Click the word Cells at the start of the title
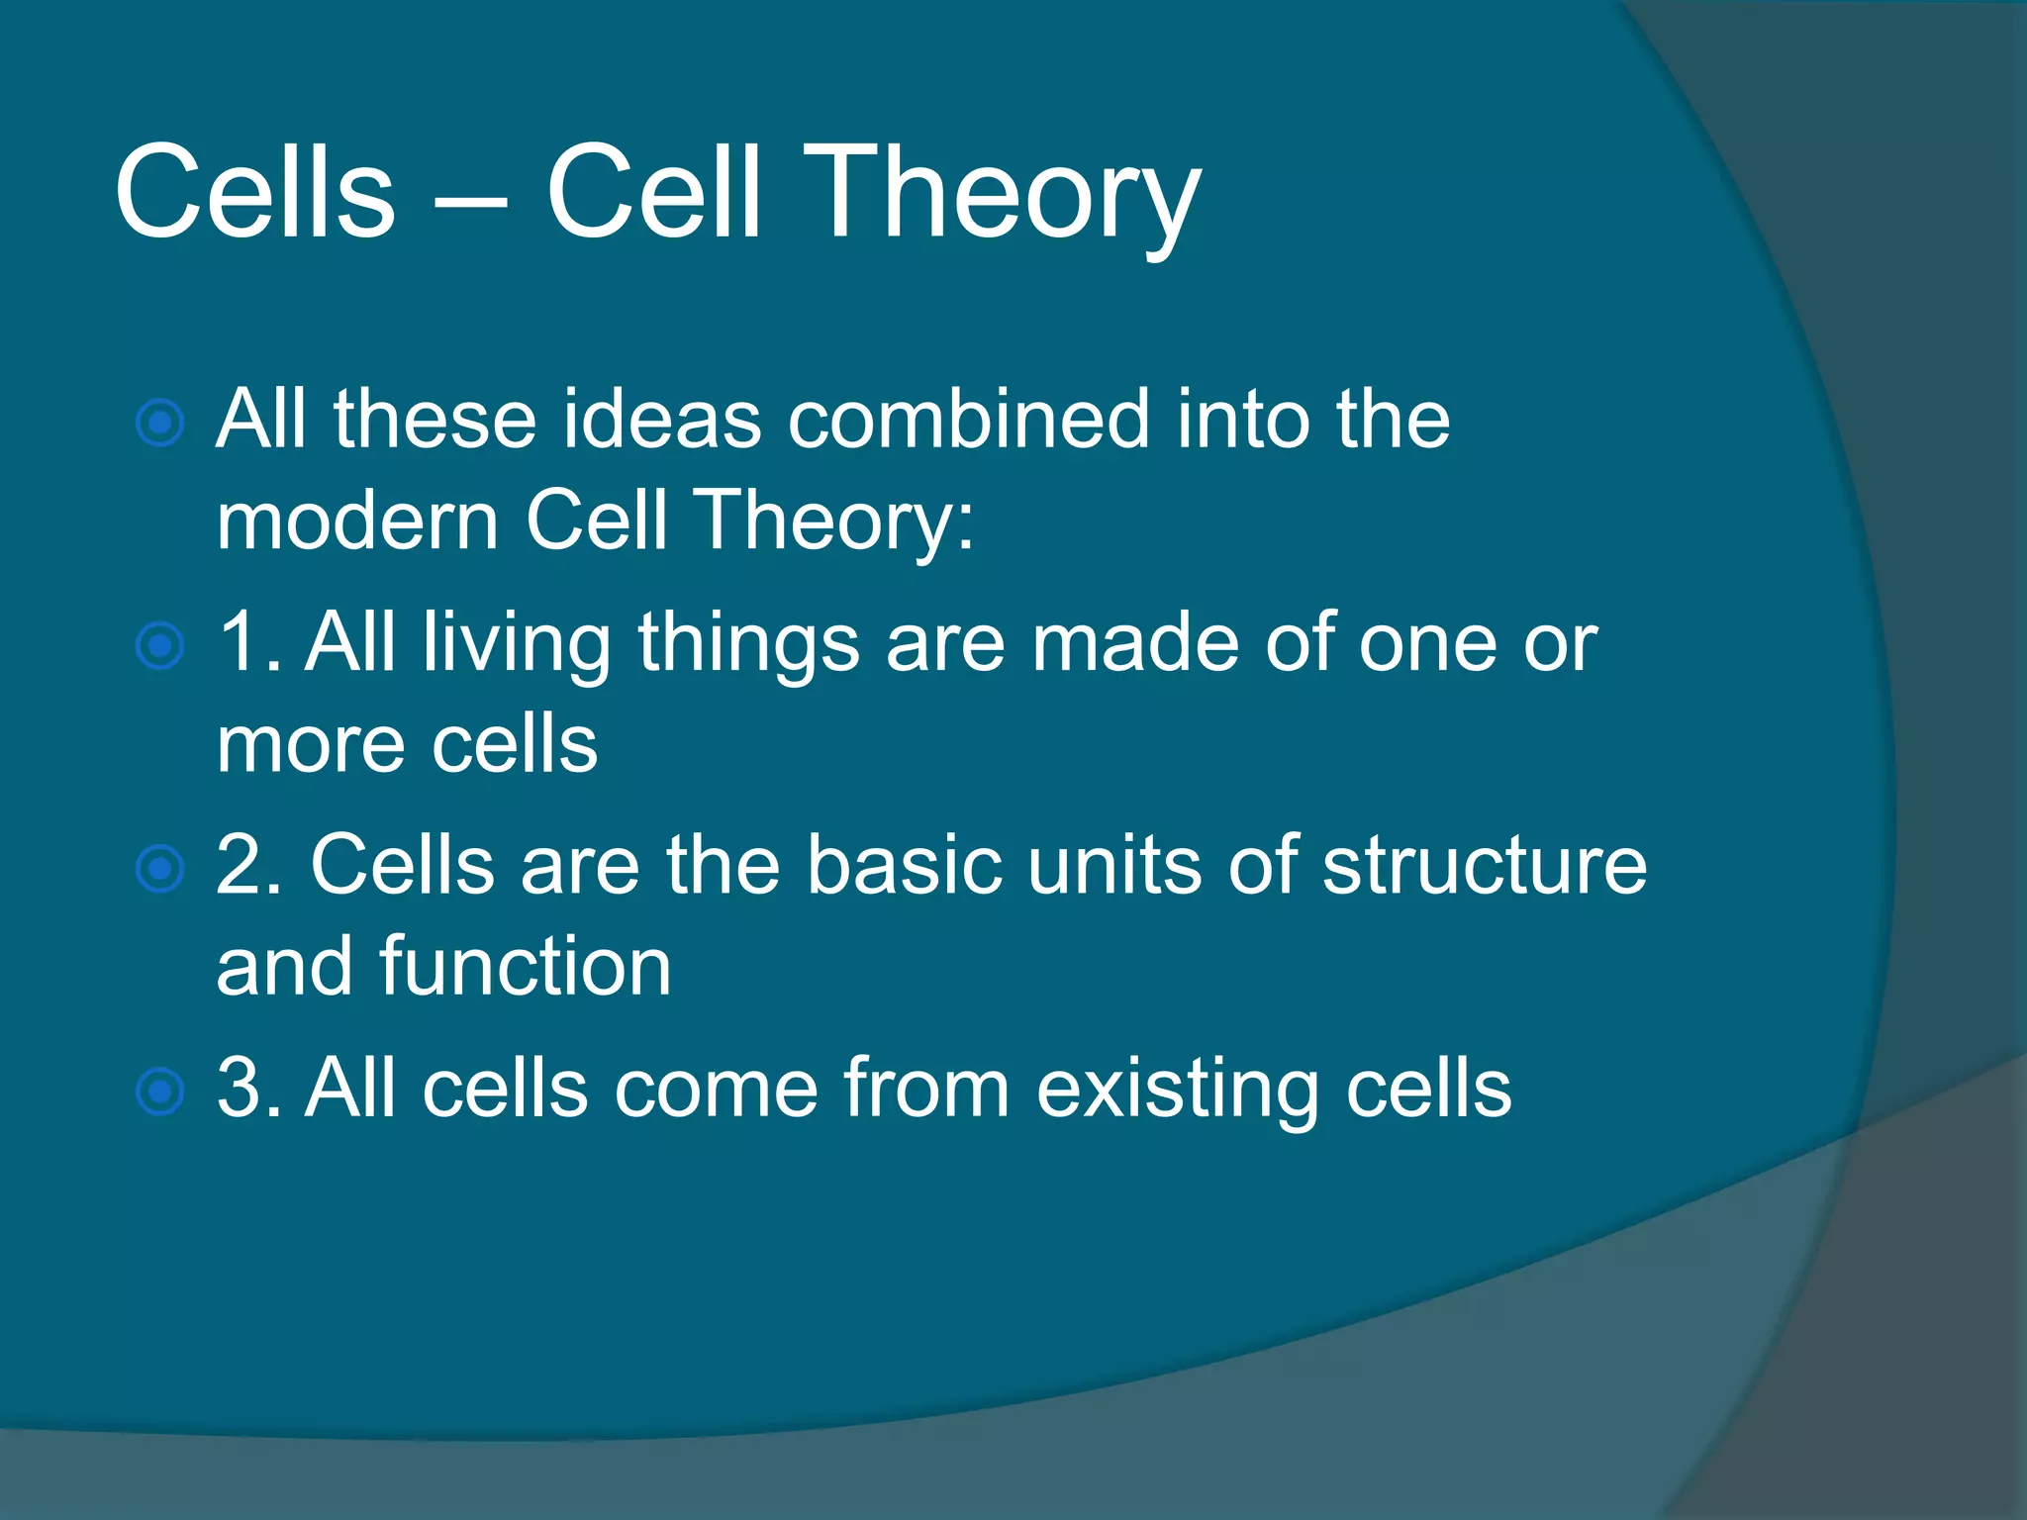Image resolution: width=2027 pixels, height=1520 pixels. [254, 193]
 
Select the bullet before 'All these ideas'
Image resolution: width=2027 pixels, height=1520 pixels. [159, 424]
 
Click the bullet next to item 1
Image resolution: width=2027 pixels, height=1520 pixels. [159, 647]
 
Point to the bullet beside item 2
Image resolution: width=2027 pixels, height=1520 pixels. [159, 870]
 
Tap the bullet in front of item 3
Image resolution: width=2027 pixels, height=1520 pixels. [159, 1092]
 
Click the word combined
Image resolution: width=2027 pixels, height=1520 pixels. [968, 420]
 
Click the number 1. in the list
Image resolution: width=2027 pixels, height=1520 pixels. [247, 643]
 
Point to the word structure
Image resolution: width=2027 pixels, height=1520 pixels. [1484, 866]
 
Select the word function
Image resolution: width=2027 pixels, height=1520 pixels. [525, 967]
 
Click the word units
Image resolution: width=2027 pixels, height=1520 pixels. [1113, 866]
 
